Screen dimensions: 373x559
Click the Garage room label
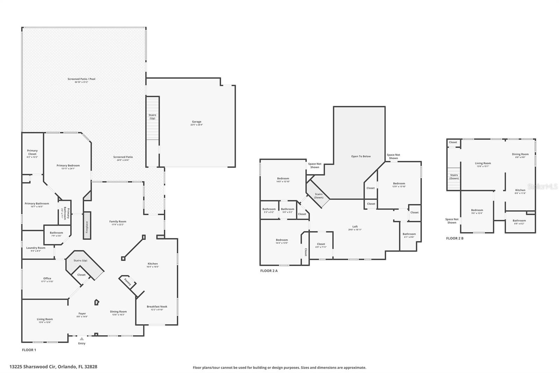tap(196, 122)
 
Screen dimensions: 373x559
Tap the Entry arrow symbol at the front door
tap(81, 339)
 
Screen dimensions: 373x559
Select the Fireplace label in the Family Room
tap(87, 226)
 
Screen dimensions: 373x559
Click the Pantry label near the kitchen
tap(128, 282)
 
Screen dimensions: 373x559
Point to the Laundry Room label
tap(36, 248)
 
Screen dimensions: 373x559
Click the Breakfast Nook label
tap(157, 307)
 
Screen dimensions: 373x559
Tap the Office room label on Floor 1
tap(47, 279)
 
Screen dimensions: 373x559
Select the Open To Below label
tap(361, 156)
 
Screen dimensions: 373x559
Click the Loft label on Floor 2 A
tap(355, 227)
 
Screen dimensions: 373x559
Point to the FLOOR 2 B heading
tap(455, 238)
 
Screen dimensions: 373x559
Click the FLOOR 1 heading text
tap(29, 350)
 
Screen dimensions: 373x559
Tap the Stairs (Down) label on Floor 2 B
tap(454, 177)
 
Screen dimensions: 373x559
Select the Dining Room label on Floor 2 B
tap(520, 154)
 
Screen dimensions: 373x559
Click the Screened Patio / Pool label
tap(81, 79)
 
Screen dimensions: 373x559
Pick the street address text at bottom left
tap(53, 367)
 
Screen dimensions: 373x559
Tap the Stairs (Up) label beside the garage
tap(152, 117)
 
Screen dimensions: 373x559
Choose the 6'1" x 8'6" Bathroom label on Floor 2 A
tap(409, 234)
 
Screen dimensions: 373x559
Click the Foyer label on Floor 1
tap(82, 314)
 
